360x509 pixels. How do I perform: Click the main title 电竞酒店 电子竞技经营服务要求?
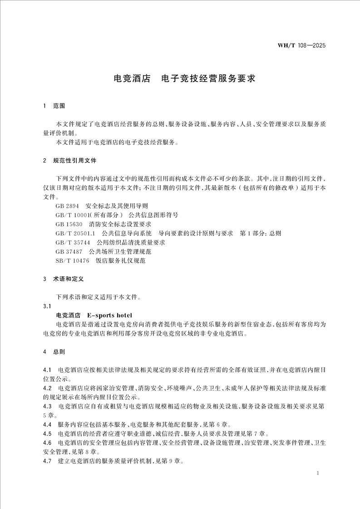coord(184,78)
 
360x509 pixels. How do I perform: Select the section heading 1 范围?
coord(54,106)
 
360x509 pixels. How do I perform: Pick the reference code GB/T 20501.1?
coord(74,233)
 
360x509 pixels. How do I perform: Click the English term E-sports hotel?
coord(109,315)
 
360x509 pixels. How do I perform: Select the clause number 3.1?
coord(46,306)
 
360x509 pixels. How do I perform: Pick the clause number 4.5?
coord(47,434)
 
